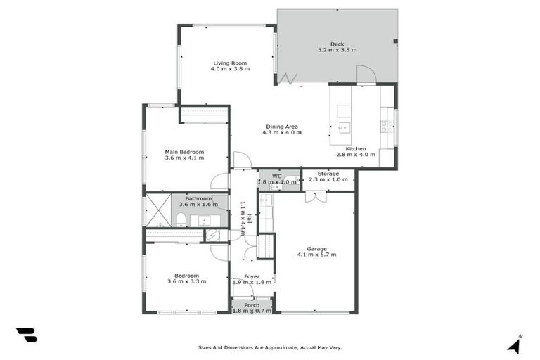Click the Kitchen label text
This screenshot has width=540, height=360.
pyautogui.click(x=355, y=148)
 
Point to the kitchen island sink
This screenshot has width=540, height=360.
pyautogui.click(x=344, y=128)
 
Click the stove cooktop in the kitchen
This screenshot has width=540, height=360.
pyautogui.click(x=386, y=127)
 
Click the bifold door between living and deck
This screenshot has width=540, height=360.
pyautogui.click(x=285, y=78)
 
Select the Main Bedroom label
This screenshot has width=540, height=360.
pyautogui.click(x=184, y=152)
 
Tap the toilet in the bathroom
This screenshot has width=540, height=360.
pyautogui.click(x=180, y=219)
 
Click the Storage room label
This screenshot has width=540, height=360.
pyautogui.click(x=328, y=174)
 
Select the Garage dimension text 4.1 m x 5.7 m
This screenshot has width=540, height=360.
pyautogui.click(x=316, y=254)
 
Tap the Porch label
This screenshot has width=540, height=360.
pyautogui.click(x=252, y=304)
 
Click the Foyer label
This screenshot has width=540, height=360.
pyautogui.click(x=252, y=276)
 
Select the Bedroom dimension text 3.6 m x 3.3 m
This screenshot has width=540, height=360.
pyautogui.click(x=186, y=281)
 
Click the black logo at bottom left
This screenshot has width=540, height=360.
pyautogui.click(x=26, y=335)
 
